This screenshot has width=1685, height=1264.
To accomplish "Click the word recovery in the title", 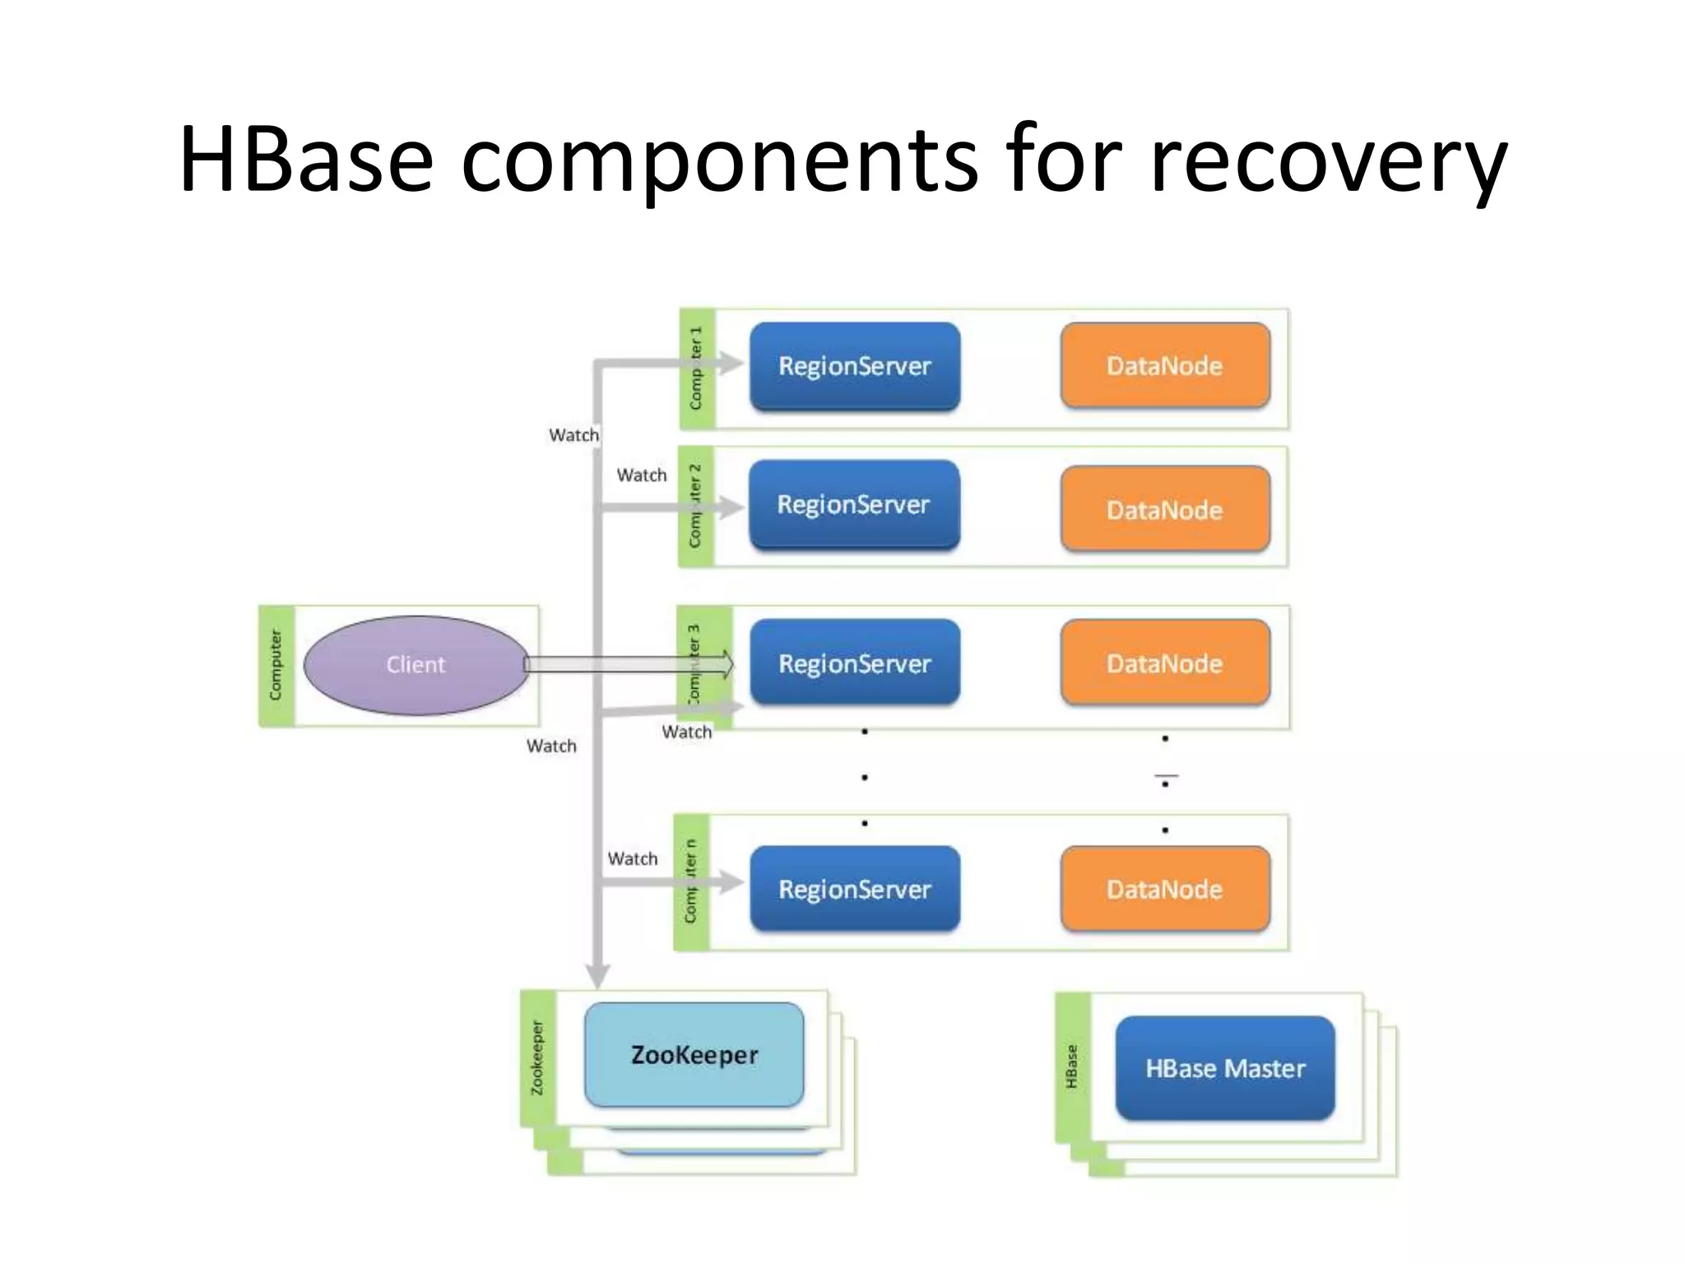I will (x=1328, y=161).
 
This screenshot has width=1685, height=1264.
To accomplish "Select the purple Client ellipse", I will (x=415, y=665).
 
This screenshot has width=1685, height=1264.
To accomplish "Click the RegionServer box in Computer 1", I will (x=854, y=366).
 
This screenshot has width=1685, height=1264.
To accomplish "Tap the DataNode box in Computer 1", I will (x=1164, y=366).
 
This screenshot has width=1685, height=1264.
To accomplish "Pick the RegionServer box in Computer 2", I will (x=854, y=504).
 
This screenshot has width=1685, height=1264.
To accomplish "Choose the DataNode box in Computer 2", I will (x=1164, y=509).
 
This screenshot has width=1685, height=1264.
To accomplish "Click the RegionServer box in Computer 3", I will (x=854, y=663).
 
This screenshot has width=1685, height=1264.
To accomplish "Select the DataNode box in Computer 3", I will (x=1164, y=663).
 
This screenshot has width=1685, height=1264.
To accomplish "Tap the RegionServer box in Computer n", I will (x=854, y=889).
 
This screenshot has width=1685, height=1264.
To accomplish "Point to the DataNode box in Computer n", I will (x=1164, y=889).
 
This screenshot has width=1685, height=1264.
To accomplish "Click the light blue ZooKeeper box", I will (x=694, y=1054).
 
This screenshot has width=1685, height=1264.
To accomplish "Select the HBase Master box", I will (x=1225, y=1068).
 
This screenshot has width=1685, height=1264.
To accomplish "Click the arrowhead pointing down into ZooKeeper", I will (x=597, y=975).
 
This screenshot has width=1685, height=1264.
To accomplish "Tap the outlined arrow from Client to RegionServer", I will (x=625, y=664).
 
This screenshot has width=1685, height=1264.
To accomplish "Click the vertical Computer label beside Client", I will (x=276, y=665).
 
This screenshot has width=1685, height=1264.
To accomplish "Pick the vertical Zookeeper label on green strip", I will (x=537, y=1057).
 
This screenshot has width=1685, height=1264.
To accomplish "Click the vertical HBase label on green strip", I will (x=1071, y=1066).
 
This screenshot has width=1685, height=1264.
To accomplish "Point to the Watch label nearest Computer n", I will (x=633, y=858).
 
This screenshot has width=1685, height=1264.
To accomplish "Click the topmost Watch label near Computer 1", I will (x=573, y=434).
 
